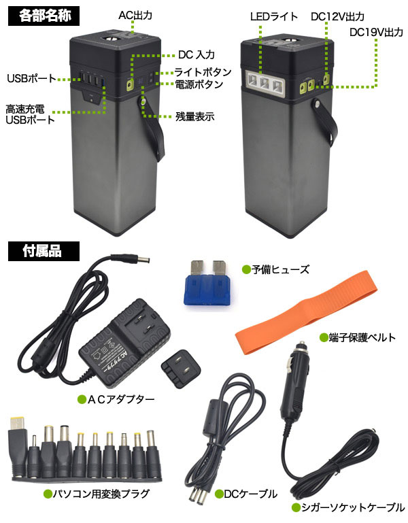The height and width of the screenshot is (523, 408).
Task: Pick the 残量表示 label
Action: tap(194, 116)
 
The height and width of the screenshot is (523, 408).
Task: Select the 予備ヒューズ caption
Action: tap(280, 270)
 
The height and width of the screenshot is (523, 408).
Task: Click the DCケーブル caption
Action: tap(249, 494)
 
